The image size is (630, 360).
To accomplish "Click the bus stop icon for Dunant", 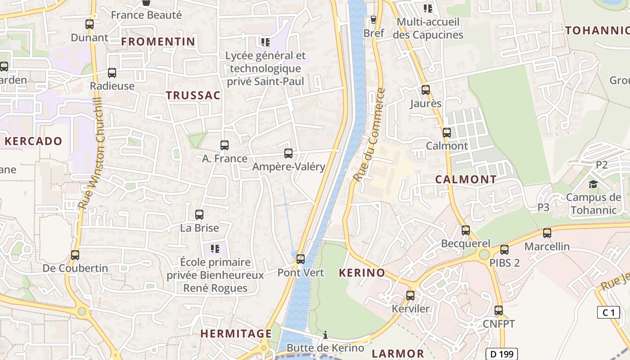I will coord(90,24).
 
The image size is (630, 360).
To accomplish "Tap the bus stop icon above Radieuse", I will coord(112,72).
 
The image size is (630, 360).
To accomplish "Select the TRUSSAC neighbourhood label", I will coord(193,95).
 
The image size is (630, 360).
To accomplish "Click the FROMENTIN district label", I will coord(158,42).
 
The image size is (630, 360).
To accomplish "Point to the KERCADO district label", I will coord(33,141).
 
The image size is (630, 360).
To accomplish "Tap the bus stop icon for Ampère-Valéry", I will coord(288,153).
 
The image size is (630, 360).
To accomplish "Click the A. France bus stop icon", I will coord(225,145).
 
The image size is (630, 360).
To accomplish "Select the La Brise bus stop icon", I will coord(199,215).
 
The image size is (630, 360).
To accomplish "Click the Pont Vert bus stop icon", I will coord(301,259).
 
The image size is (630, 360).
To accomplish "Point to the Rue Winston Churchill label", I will coord(91,153).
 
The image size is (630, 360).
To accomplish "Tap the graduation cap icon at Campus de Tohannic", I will coord(593,184).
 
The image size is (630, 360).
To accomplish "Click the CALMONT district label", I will coord(466,180).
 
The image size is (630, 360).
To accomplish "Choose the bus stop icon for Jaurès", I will coord(426,90).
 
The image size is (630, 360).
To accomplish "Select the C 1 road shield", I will coord(608,312).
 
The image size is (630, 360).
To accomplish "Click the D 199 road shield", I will coord(502,354).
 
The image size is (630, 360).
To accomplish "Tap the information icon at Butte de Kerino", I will coord(325,335).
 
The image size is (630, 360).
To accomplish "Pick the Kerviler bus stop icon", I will coord(410,296).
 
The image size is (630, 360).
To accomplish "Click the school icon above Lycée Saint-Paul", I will coord(265,42).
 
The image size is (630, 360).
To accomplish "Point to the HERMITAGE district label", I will coord(236,334).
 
